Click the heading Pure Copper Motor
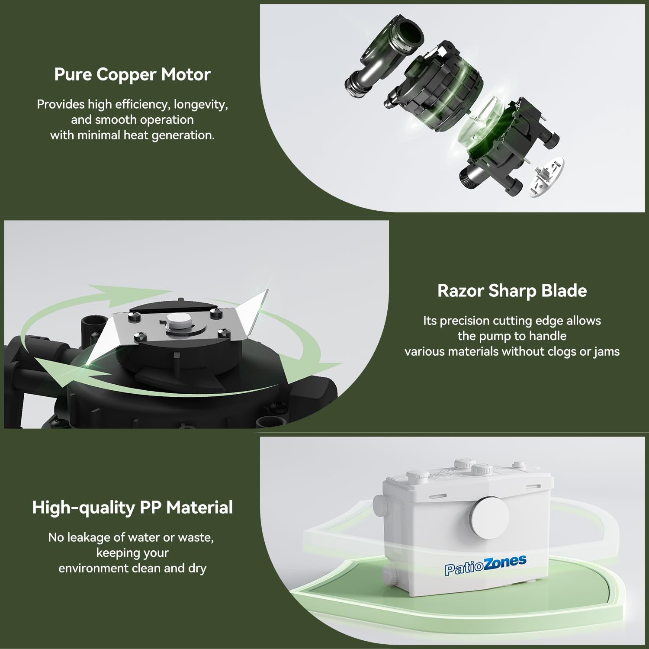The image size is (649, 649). pos(132,74)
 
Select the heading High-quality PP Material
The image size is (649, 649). pos(132,508)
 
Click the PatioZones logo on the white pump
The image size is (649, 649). pos(485,565)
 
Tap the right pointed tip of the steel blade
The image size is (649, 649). pos(268,290)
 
